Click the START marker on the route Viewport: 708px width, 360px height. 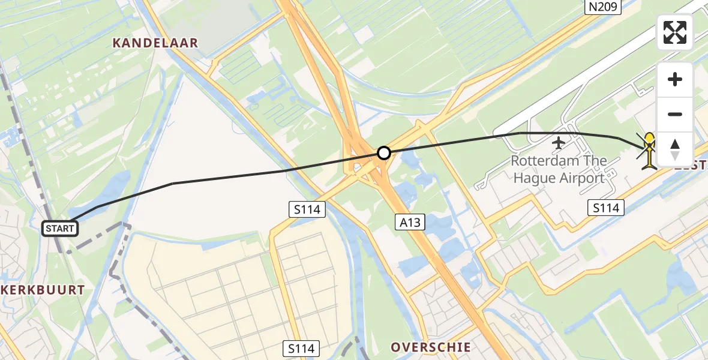pyautogui.click(x=60, y=228)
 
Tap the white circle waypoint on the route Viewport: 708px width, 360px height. pyautogui.click(x=384, y=153)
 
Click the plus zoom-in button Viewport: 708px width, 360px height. pyautogui.click(x=675, y=79)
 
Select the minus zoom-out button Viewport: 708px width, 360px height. pyautogui.click(x=675, y=114)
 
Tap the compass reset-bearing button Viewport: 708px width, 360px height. pyautogui.click(x=675, y=149)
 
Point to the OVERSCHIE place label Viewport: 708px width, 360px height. pyautogui.click(x=430, y=347)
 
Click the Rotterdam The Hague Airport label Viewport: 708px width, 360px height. pyautogui.click(x=558, y=169)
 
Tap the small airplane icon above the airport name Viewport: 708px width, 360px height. pyautogui.click(x=559, y=143)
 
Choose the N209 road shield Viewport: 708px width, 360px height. pyautogui.click(x=603, y=7)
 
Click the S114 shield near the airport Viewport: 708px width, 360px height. pyautogui.click(x=605, y=208)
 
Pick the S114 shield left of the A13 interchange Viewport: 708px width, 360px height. pyautogui.click(x=307, y=209)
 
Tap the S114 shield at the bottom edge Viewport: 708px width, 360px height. pyautogui.click(x=302, y=348)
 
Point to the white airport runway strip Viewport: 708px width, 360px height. pyautogui.click(x=600, y=66)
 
